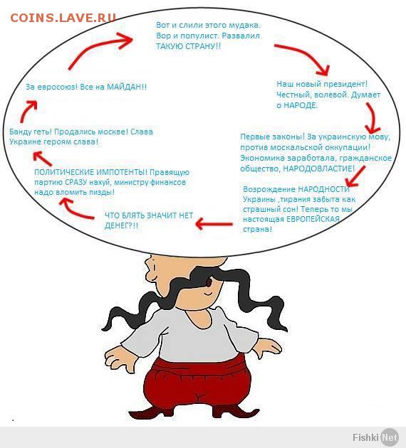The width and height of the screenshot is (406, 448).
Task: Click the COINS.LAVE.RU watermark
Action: point(63,18)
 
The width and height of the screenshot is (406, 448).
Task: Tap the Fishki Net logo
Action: point(375,437)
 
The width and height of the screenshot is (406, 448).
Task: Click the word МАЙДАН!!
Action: point(127,87)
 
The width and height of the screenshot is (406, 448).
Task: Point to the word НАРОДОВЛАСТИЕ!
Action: point(318,169)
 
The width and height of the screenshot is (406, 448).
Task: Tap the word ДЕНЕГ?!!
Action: point(121,225)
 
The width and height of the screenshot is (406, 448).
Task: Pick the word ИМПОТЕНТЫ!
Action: point(122,172)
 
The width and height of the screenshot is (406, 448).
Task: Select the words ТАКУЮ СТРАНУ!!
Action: point(188,46)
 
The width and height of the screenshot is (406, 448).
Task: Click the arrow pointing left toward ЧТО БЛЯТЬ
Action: point(214,224)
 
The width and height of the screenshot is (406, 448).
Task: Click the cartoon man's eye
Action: point(209,282)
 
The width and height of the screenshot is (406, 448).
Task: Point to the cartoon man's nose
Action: point(148,270)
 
